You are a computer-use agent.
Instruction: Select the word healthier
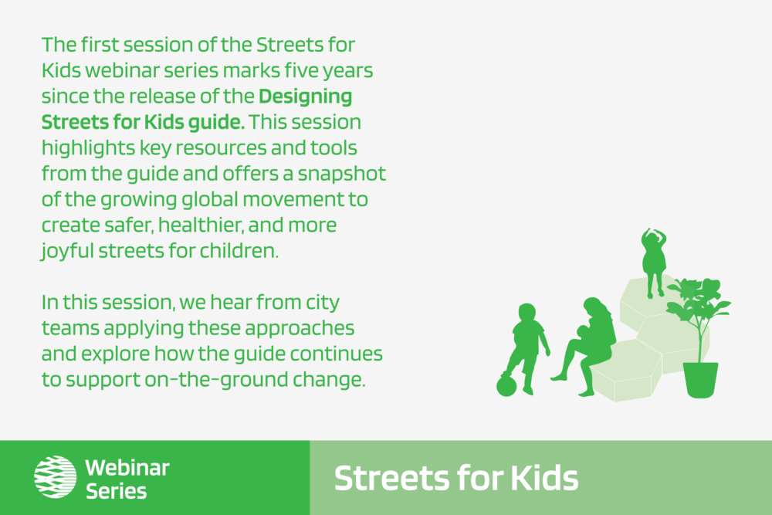click(201, 225)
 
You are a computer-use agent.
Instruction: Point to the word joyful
click(67, 252)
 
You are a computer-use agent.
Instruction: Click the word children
click(239, 251)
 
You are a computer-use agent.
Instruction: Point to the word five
click(301, 70)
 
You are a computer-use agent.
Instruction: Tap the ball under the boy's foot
click(506, 385)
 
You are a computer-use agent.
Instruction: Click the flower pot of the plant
click(701, 380)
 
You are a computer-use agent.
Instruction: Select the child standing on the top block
click(653, 263)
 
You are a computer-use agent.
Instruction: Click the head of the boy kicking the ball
click(527, 313)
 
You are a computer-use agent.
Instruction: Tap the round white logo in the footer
click(55, 476)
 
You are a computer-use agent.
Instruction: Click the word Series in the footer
click(117, 491)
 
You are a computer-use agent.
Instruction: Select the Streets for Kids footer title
click(456, 478)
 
